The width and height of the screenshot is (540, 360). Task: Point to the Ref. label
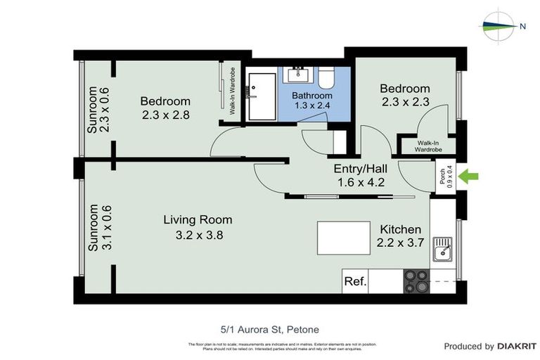355,281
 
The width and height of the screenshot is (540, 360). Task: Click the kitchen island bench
345,238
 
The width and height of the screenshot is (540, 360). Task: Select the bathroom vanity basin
300,74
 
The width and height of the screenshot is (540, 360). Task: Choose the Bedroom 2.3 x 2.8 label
165,108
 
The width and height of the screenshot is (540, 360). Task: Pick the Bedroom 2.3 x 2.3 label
404,95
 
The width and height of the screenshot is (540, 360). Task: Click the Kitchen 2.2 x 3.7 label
400,236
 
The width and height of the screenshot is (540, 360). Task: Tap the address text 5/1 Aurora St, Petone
269,328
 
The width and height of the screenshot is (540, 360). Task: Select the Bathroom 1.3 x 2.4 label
312,101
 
